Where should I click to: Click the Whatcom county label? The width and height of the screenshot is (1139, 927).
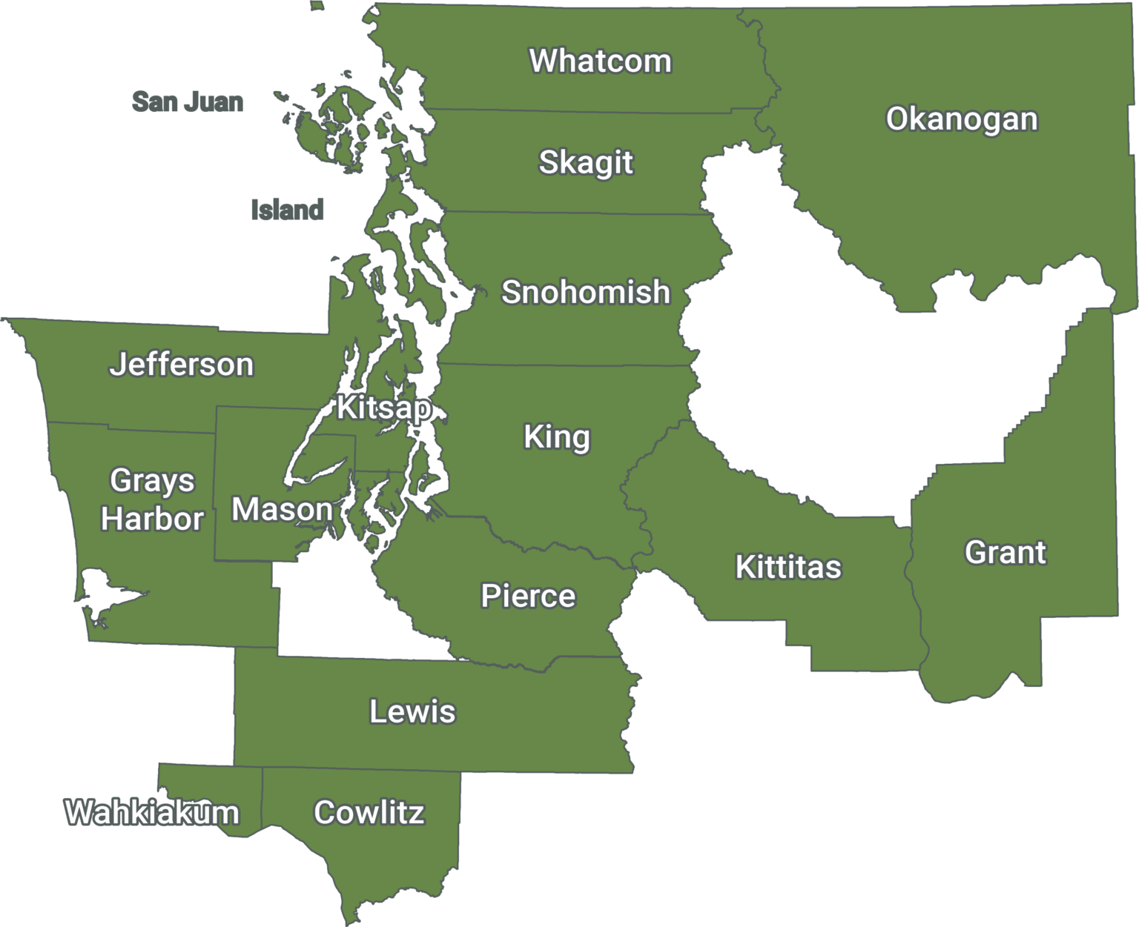(x=600, y=61)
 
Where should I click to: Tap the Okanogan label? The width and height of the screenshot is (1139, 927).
(x=962, y=119)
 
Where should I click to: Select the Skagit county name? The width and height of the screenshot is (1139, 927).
(x=586, y=162)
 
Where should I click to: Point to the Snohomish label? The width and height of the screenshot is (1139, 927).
(x=586, y=292)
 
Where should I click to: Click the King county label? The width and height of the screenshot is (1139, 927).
(x=557, y=436)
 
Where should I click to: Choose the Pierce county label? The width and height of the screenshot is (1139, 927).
(x=528, y=596)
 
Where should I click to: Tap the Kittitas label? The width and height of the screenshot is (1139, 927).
(x=788, y=567)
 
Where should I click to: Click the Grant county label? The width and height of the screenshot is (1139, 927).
(x=1006, y=553)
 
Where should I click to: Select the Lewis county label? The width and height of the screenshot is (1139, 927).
(x=412, y=711)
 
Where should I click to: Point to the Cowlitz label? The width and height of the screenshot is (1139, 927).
(x=369, y=813)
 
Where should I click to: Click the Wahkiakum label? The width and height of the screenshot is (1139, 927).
(x=152, y=813)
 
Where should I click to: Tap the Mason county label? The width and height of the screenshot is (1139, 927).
(x=282, y=510)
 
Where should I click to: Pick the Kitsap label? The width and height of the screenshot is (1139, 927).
(x=383, y=408)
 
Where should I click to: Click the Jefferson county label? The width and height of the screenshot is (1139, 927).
(x=182, y=365)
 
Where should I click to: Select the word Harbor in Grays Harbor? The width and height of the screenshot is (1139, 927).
(x=152, y=519)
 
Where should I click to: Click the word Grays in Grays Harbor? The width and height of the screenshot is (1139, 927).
(x=152, y=481)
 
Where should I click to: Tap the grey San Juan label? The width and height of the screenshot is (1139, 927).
(x=188, y=102)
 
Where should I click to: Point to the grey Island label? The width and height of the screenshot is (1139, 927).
(x=288, y=210)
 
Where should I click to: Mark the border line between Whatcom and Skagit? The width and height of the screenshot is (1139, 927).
(x=578, y=112)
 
